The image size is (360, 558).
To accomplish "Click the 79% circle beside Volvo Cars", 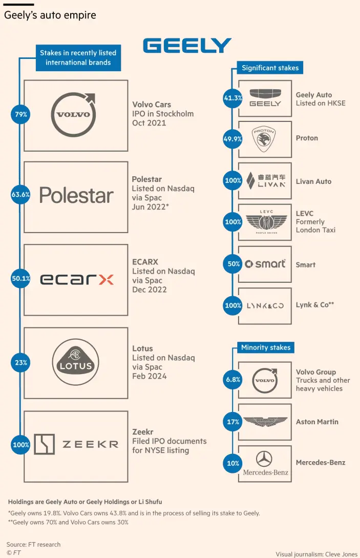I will (21, 115).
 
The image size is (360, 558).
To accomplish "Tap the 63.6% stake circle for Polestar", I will (21, 194).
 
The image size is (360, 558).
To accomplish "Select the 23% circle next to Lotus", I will (21, 362).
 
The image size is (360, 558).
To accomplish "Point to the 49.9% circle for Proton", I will (233, 138).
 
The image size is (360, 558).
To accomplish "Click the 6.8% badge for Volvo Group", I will (233, 380).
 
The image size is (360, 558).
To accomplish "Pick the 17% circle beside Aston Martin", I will (233, 422).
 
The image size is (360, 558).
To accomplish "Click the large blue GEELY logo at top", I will (187, 46).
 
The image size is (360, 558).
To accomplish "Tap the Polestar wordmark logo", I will (76, 195).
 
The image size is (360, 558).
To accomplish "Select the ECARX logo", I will (76, 279).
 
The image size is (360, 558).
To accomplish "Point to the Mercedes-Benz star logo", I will (265, 459).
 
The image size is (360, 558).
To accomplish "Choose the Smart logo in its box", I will (265, 264).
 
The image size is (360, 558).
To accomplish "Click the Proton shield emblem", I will (265, 138).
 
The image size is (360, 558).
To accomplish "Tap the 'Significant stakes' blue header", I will (270, 68).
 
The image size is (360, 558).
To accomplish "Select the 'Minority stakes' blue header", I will (266, 347).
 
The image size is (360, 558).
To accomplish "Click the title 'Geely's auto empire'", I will (50, 15).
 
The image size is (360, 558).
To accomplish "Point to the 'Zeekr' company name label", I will (142, 432).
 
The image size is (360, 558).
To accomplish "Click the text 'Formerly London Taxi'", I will (315, 226).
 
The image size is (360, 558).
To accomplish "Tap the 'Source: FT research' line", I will (34, 544).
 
